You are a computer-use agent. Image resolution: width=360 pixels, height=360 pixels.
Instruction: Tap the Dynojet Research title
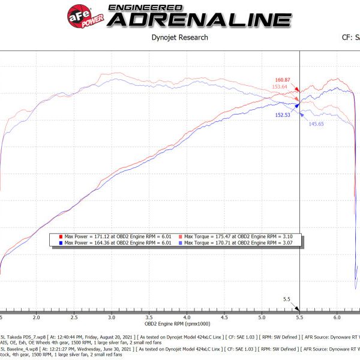tap(180, 37)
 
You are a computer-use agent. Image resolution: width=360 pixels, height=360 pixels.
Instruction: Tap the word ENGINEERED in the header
tap(148, 7)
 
